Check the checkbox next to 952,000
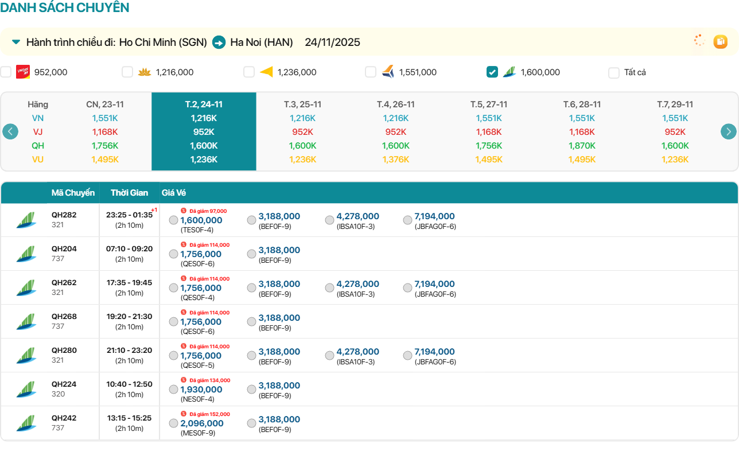click(x=6, y=72)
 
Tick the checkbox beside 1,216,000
click(x=127, y=72)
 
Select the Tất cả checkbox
click(x=614, y=73)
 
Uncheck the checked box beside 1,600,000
click(x=492, y=72)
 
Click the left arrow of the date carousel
click(x=10, y=131)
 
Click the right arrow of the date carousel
click(x=728, y=131)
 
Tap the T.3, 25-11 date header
click(x=302, y=104)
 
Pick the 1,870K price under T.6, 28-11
click(x=582, y=146)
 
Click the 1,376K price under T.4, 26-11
click(x=396, y=160)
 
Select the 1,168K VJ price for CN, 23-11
click(x=105, y=132)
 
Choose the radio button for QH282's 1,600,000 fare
click(x=173, y=220)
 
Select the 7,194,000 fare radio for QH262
click(x=407, y=288)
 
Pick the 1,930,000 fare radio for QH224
click(x=173, y=390)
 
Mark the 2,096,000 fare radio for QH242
click(x=173, y=423)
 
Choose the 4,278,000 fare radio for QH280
click(x=329, y=356)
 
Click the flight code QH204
click(x=64, y=249)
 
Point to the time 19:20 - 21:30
click(x=129, y=317)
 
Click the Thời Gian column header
click(x=129, y=193)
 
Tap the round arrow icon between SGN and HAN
click(x=219, y=42)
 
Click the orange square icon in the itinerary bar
click(x=720, y=41)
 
